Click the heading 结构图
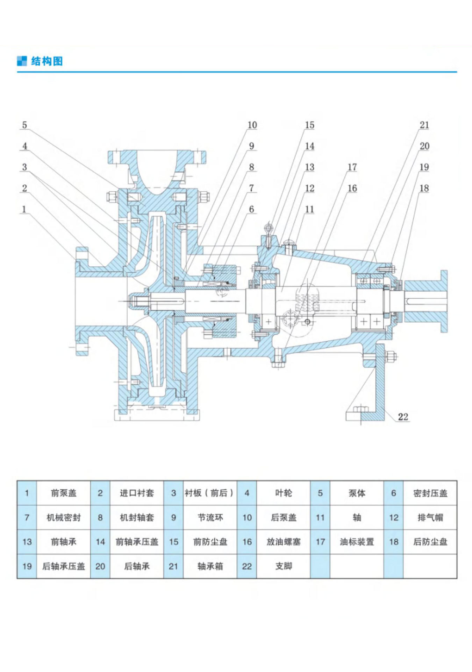[x=47, y=61]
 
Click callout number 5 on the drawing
[x=24, y=125]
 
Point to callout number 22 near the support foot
[x=403, y=416]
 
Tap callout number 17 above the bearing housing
[x=352, y=167]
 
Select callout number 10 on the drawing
[x=252, y=125]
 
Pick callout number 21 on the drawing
[x=424, y=125]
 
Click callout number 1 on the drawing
[x=24, y=209]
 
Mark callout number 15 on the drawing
[x=309, y=125]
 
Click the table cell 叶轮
[x=283, y=493]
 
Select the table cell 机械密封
[x=63, y=518]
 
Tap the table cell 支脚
[x=283, y=566]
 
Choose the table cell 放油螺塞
[x=283, y=542]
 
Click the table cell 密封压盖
[x=430, y=493]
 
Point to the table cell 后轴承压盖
[x=63, y=566]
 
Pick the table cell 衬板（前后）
[x=210, y=493]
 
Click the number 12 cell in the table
[x=393, y=518]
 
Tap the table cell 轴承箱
[x=210, y=566]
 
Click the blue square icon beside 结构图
[x=22, y=61]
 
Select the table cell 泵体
[x=357, y=493]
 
